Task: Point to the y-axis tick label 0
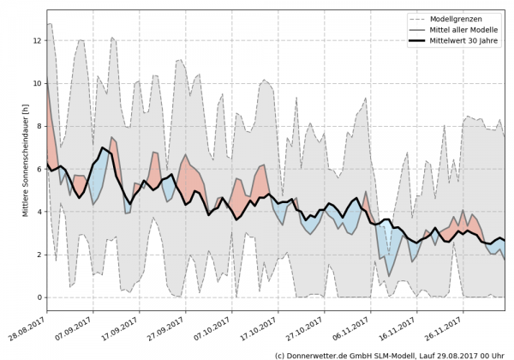coord(37,297)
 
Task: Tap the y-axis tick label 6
coord(37,169)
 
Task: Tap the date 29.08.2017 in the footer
coord(461,354)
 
